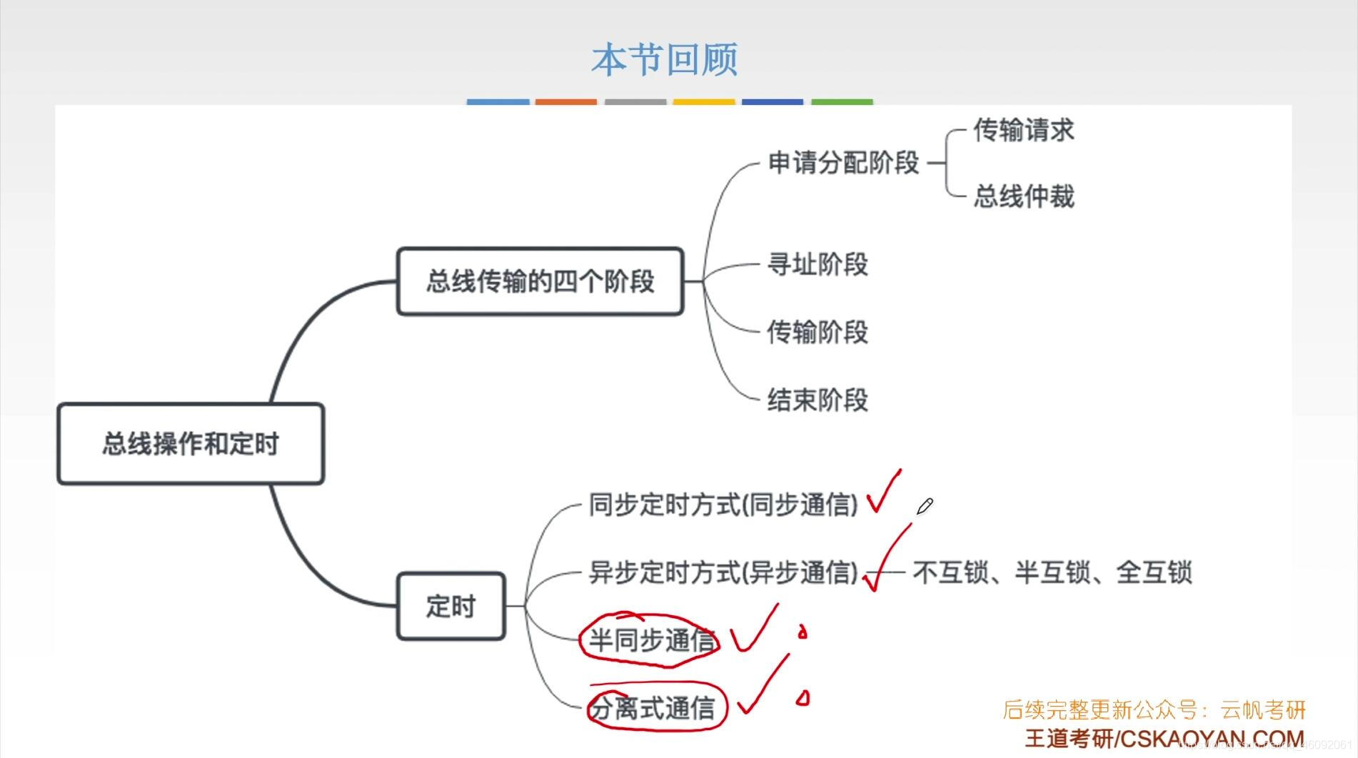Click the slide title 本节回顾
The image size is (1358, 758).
[664, 59]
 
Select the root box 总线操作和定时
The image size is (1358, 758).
[191, 444]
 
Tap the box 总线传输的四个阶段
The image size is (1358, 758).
[540, 281]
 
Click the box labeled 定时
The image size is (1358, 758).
[451, 606]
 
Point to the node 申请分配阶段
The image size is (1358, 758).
[843, 163]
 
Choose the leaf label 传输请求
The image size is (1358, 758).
[1023, 131]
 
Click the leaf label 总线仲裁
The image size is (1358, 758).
[1023, 196]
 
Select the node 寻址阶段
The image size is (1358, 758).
[818, 264]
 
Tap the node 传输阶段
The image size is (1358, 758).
[818, 332]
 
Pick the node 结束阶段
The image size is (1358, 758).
[818, 400]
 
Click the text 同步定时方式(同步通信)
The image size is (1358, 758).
[723, 505]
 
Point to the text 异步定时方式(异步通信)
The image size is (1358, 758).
[723, 572]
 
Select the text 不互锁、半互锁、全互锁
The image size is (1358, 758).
[1052, 572]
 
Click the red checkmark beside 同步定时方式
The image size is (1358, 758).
[882, 492]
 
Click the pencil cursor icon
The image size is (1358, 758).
[925, 507]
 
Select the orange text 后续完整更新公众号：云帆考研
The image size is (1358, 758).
[1154, 709]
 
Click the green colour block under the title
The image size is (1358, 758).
[842, 102]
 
